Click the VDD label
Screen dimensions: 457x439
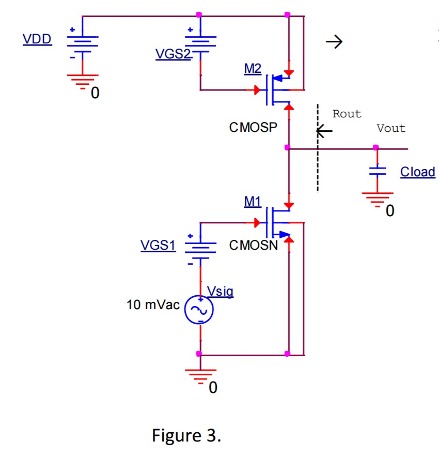click(x=37, y=40)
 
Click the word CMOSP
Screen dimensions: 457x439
click(x=253, y=127)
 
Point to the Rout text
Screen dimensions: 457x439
click(x=347, y=114)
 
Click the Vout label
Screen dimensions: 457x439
click(x=391, y=128)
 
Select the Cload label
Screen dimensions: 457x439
click(x=418, y=172)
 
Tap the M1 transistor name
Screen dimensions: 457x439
click(x=252, y=202)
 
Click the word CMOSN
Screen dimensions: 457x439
click(x=254, y=246)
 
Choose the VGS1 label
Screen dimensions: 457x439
click(x=158, y=246)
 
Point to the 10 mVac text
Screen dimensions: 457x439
click(x=153, y=305)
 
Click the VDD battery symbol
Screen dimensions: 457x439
click(x=82, y=44)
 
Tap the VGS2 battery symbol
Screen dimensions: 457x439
click(x=200, y=44)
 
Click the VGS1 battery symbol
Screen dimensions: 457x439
click(x=200, y=251)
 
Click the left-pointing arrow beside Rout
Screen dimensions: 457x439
click(x=324, y=132)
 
